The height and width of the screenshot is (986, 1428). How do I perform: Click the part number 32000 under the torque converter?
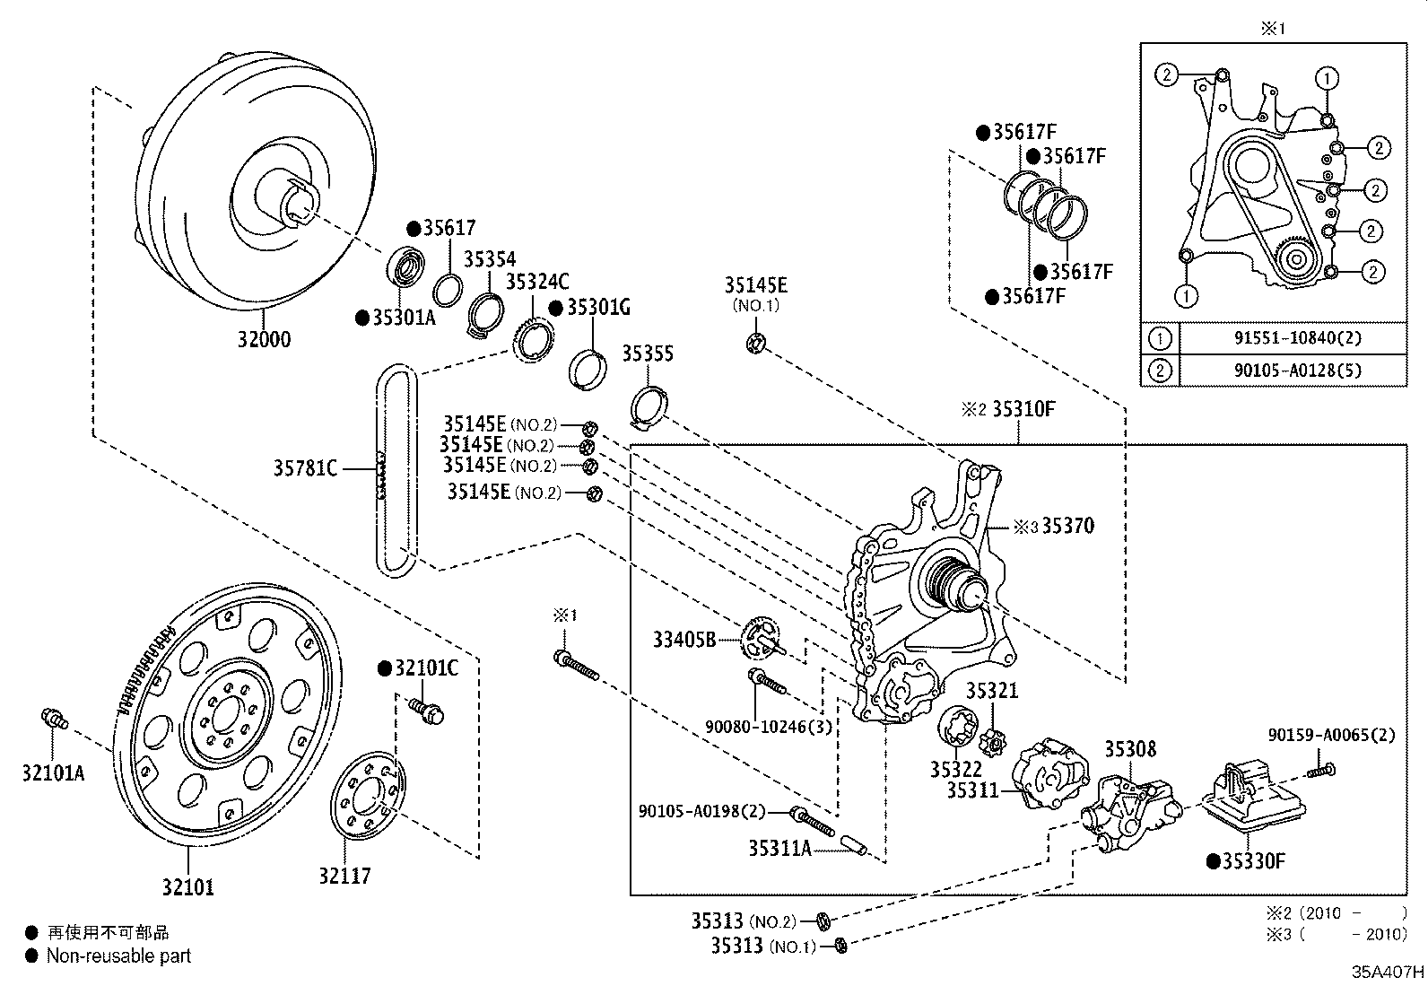pos(264,340)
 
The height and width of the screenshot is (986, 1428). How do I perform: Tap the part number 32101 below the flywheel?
pos(188,887)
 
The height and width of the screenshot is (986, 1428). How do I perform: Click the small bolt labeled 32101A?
pos(56,718)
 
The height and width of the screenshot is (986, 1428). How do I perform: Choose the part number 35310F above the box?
pos(1024,410)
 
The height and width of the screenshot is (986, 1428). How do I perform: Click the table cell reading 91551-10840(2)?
pos(1292,338)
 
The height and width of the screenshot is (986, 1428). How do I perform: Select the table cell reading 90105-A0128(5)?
pos(1292,370)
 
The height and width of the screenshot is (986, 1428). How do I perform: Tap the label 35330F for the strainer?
pos(1252,861)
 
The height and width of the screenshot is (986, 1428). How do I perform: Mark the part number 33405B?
pos(684,640)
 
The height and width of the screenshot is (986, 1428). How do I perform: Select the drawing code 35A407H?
pos(1389,971)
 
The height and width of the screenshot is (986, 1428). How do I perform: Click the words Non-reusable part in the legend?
pos(118,956)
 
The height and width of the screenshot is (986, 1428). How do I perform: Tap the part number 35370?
pos(1067,527)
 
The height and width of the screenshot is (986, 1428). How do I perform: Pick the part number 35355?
pos(648,353)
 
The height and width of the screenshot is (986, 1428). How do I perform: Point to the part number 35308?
pos(1129,749)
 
